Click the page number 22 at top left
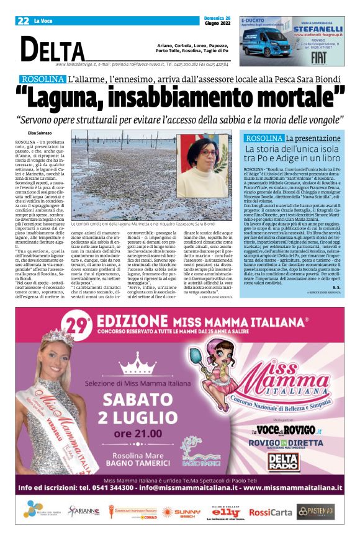[x=24, y=20]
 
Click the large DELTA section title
[x=52, y=49]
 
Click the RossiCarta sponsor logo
[x=270, y=512]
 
